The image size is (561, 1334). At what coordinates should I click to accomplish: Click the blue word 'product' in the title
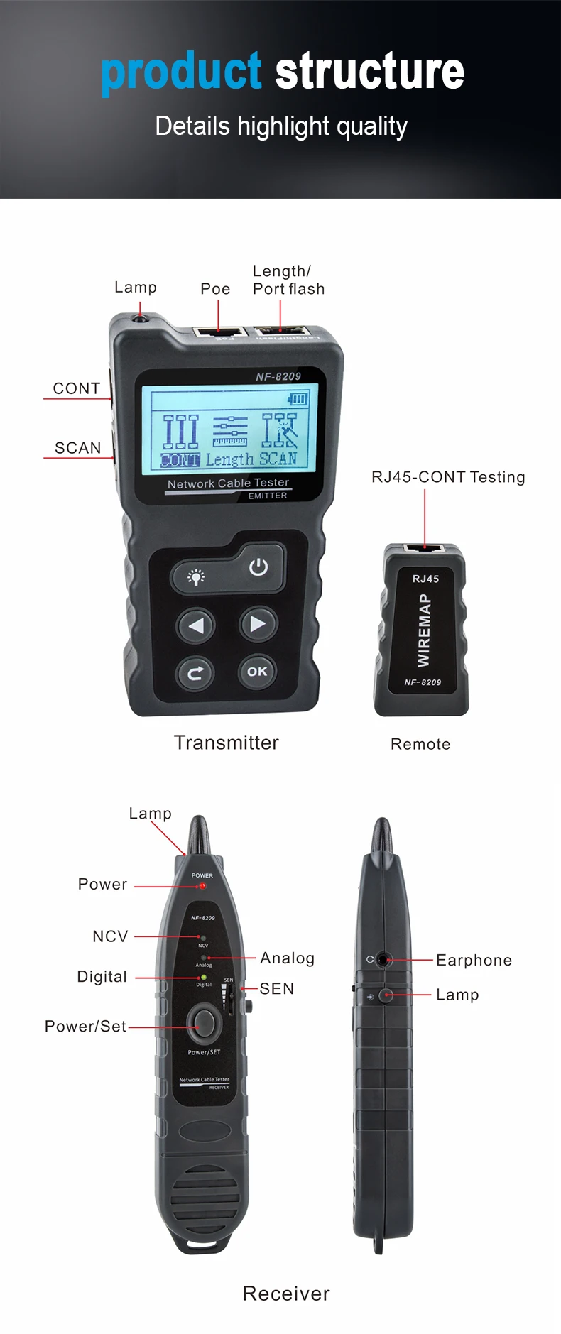182,72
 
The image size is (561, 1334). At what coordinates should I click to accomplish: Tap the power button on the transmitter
258,567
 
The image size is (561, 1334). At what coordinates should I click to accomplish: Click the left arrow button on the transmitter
196,625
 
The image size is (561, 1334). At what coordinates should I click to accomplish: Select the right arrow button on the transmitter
257,624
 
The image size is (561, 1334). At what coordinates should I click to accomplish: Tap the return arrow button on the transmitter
196,672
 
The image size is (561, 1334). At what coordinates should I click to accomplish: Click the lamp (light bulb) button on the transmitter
196,576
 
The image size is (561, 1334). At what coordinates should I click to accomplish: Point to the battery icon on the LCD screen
298,399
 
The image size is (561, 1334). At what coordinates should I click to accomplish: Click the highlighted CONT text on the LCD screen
180,460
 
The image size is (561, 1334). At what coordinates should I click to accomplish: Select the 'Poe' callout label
215,289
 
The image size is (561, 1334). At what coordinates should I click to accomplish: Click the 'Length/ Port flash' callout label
288,280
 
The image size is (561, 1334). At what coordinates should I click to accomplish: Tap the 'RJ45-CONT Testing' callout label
448,477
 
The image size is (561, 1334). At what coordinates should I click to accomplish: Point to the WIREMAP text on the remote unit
424,630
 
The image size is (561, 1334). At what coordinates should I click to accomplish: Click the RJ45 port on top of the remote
425,548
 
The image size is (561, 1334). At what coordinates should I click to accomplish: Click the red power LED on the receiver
202,886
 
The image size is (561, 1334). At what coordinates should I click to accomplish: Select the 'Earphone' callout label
474,961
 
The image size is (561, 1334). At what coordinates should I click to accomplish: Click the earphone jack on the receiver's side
383,960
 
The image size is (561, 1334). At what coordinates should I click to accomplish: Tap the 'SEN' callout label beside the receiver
277,989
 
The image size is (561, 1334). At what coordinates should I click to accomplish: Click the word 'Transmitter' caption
227,743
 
